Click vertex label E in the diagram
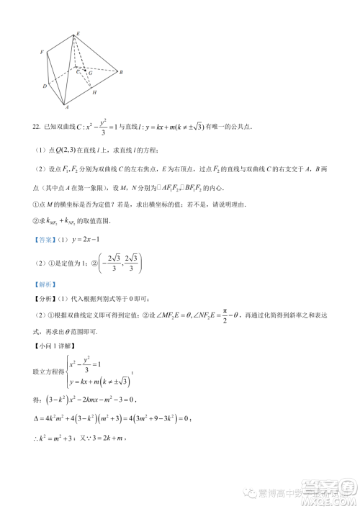78,35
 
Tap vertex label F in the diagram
43,52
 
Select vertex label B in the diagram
122,73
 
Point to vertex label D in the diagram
45,86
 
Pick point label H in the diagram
94,93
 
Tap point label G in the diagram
90,73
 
